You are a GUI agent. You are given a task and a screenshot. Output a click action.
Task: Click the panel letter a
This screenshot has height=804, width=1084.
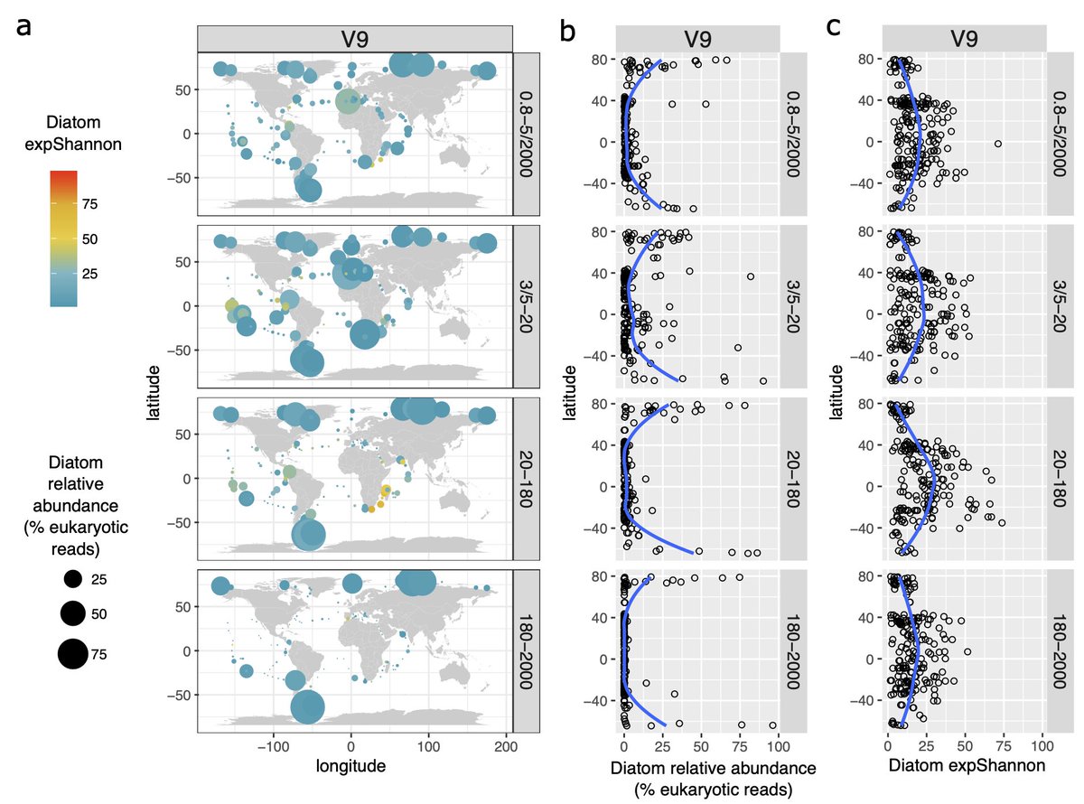pos(25,27)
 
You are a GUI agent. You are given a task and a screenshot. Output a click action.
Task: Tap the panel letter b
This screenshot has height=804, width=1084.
pos(568,33)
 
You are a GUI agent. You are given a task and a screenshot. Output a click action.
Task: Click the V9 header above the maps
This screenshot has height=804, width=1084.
pos(354,40)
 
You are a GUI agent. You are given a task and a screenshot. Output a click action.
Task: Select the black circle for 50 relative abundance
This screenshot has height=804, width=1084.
pos(73,613)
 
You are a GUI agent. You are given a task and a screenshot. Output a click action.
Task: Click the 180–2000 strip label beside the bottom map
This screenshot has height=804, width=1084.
pos(527,650)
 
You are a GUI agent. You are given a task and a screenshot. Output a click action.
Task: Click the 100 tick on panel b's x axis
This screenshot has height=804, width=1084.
pos(778,747)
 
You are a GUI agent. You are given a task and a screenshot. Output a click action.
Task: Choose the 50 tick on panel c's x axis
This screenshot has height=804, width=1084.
pos(965,747)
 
